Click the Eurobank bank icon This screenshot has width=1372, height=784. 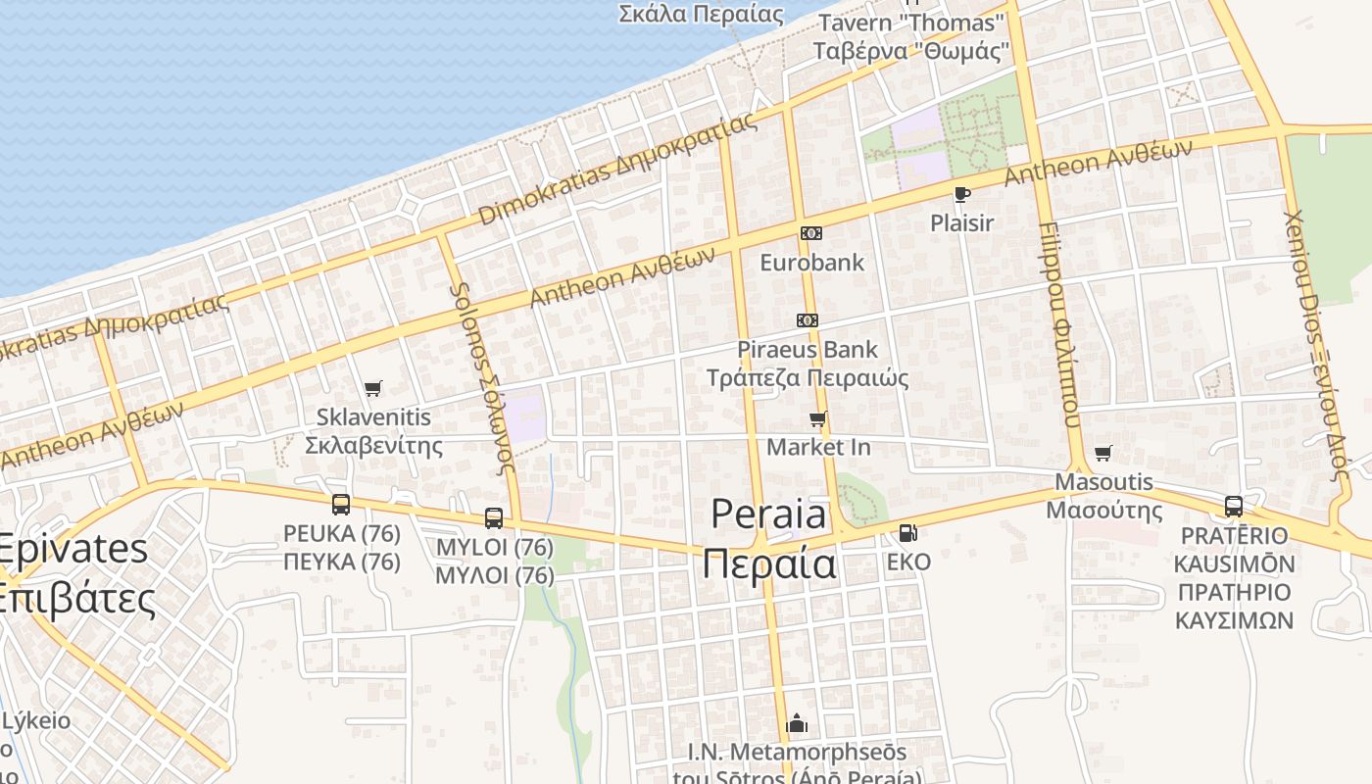810,233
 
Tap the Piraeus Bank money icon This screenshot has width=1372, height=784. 808,320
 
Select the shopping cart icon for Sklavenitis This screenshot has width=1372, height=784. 372,389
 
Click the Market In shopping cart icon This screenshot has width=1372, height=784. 818,419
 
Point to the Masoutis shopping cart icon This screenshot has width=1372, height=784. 1103,454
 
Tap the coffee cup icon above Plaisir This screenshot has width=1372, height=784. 961,194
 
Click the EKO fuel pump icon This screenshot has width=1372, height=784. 908,533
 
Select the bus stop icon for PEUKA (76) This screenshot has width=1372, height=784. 341,505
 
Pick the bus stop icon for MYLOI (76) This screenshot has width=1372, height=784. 494,518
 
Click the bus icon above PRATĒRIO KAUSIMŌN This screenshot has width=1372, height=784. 1234,507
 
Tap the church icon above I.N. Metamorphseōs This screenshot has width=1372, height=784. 797,724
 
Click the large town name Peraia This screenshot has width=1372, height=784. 769,539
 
